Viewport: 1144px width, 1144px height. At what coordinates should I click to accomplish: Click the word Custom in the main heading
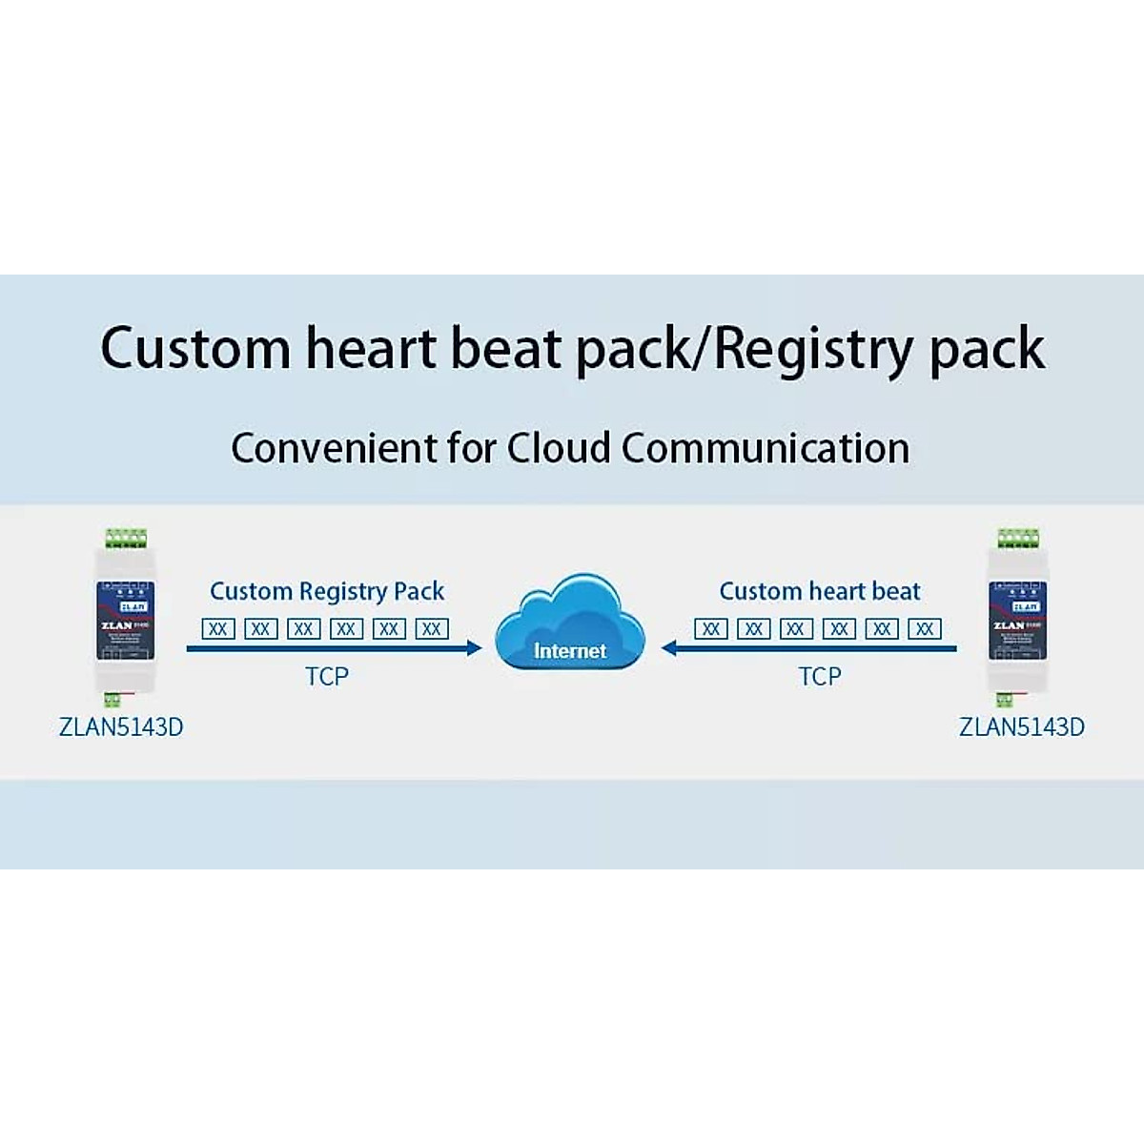pyautogui.click(x=194, y=348)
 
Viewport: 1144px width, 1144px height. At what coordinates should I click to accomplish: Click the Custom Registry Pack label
pyautogui.click(x=327, y=591)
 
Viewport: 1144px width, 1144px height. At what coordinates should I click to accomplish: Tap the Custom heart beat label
pyautogui.click(x=820, y=591)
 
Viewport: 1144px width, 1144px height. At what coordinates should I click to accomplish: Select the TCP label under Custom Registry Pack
pyautogui.click(x=327, y=677)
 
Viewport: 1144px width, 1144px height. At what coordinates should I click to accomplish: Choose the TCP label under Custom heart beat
pyautogui.click(x=820, y=677)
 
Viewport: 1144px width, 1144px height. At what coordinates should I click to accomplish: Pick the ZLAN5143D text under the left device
pyautogui.click(x=121, y=727)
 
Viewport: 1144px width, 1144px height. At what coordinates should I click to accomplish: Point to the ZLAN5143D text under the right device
pyautogui.click(x=1021, y=727)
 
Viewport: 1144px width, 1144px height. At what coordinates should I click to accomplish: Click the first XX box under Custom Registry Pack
pyautogui.click(x=218, y=629)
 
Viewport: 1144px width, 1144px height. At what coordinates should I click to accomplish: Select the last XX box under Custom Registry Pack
pyautogui.click(x=432, y=629)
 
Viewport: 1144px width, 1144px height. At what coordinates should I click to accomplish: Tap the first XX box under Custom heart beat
pyautogui.click(x=711, y=629)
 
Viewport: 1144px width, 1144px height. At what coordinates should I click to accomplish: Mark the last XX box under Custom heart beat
pyautogui.click(x=925, y=629)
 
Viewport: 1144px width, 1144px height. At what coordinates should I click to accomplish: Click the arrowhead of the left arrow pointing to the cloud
pyautogui.click(x=474, y=649)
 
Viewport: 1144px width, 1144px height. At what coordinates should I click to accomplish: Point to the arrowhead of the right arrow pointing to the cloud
pyautogui.click(x=669, y=649)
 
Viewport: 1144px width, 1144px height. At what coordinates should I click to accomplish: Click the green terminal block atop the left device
pyautogui.click(x=126, y=539)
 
